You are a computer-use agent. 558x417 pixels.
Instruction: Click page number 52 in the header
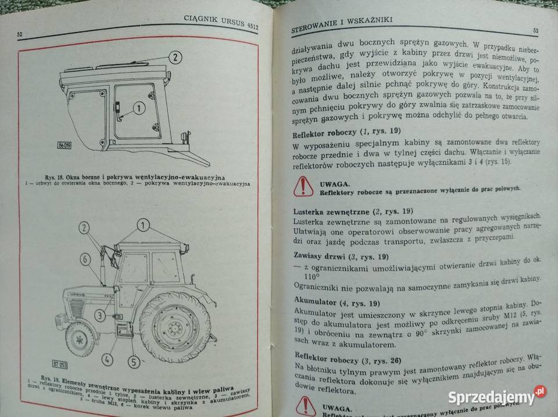(20, 35)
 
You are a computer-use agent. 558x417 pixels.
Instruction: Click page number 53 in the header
(535, 30)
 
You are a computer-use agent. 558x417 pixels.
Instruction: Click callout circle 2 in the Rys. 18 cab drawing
(176, 57)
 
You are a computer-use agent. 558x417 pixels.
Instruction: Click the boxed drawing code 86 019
(65, 145)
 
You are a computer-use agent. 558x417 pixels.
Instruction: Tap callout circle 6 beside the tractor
(84, 258)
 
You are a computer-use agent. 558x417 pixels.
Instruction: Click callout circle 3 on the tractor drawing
(101, 315)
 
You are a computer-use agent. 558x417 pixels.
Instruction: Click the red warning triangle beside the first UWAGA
(303, 185)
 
